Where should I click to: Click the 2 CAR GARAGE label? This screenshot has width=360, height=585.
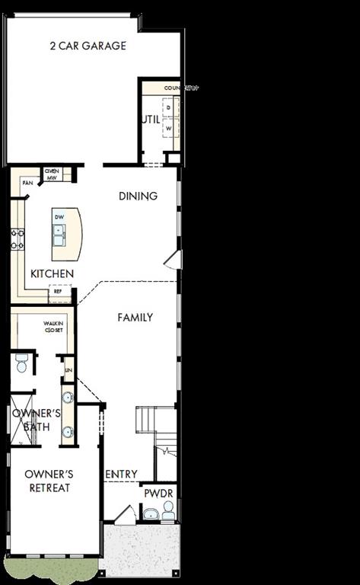point(88,46)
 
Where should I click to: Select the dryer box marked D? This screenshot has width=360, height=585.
point(169,108)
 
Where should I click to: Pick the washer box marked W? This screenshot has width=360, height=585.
point(169,129)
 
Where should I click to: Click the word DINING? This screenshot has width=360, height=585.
point(138,196)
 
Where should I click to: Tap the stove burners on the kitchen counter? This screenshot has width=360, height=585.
point(17,240)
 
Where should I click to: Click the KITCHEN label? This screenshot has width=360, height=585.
point(52,273)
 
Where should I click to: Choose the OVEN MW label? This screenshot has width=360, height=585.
point(53,173)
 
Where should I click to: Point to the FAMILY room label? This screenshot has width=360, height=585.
point(135,317)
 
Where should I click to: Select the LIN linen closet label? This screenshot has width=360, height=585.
point(68,370)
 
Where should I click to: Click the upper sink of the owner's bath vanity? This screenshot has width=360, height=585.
point(67,397)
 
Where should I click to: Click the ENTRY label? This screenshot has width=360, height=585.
point(121,474)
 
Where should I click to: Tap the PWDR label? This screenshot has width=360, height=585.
point(158,493)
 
